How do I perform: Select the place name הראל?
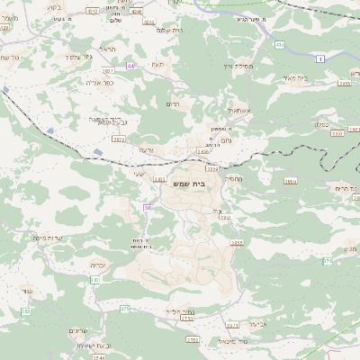[x=108, y=49]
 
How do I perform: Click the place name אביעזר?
[x=255, y=321]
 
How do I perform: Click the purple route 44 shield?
[x=131, y=66]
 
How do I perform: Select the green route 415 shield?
[x=280, y=44]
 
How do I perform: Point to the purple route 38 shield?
[x=148, y=208]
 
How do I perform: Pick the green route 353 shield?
[x=26, y=311]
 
